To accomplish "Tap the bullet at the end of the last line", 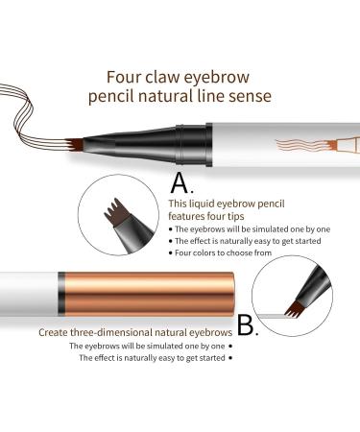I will pyautogui.click(x=230, y=359).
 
